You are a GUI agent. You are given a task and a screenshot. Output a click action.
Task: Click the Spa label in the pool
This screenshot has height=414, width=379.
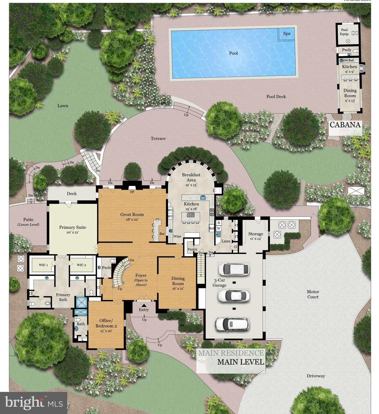pos(287,33)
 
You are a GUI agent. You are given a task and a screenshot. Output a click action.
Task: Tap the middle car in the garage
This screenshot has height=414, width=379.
pos(233,296)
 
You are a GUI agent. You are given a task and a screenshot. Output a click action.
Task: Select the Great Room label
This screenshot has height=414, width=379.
pos(132,215)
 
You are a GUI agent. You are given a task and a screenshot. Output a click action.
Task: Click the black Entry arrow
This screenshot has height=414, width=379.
pos(144,305)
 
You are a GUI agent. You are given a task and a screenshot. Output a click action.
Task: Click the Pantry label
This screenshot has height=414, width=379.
pos(192,249)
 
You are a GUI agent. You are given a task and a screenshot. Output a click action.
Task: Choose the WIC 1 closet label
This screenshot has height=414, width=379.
pos(43,265)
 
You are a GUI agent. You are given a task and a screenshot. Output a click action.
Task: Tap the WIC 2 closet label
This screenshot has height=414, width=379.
pos(81,265)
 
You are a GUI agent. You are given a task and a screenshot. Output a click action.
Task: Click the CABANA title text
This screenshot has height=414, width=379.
pos(345,125)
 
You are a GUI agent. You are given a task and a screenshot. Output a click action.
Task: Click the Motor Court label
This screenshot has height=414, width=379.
pos(313,294)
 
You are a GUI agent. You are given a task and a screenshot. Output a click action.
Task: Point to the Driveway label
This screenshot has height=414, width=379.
pos(316,376)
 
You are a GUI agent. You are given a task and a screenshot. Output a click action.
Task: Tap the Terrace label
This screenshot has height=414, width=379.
pos(158,138)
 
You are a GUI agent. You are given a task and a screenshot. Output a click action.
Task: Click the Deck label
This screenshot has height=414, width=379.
pos(72,194)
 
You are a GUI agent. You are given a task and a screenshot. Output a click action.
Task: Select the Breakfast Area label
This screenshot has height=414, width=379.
pos(191,177)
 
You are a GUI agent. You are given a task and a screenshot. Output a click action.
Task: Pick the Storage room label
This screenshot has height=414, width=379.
pos(256,234)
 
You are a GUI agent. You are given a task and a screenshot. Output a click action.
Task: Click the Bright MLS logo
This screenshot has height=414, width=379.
pos(34,402)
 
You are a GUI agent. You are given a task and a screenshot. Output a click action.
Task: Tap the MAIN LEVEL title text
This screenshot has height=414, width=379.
pos(240,362)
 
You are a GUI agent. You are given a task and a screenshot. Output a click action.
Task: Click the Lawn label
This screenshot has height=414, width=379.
pos(63,106)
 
